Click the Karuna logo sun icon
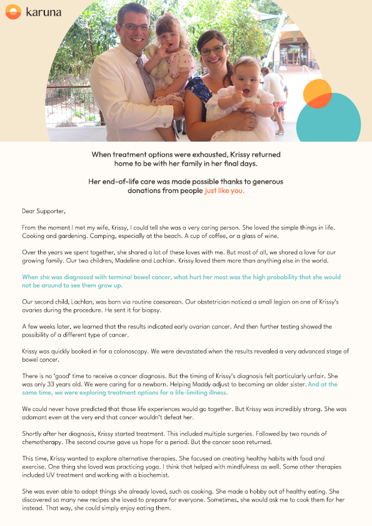coord(13,12)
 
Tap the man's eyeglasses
coord(136,27)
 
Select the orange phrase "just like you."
coord(224,191)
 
